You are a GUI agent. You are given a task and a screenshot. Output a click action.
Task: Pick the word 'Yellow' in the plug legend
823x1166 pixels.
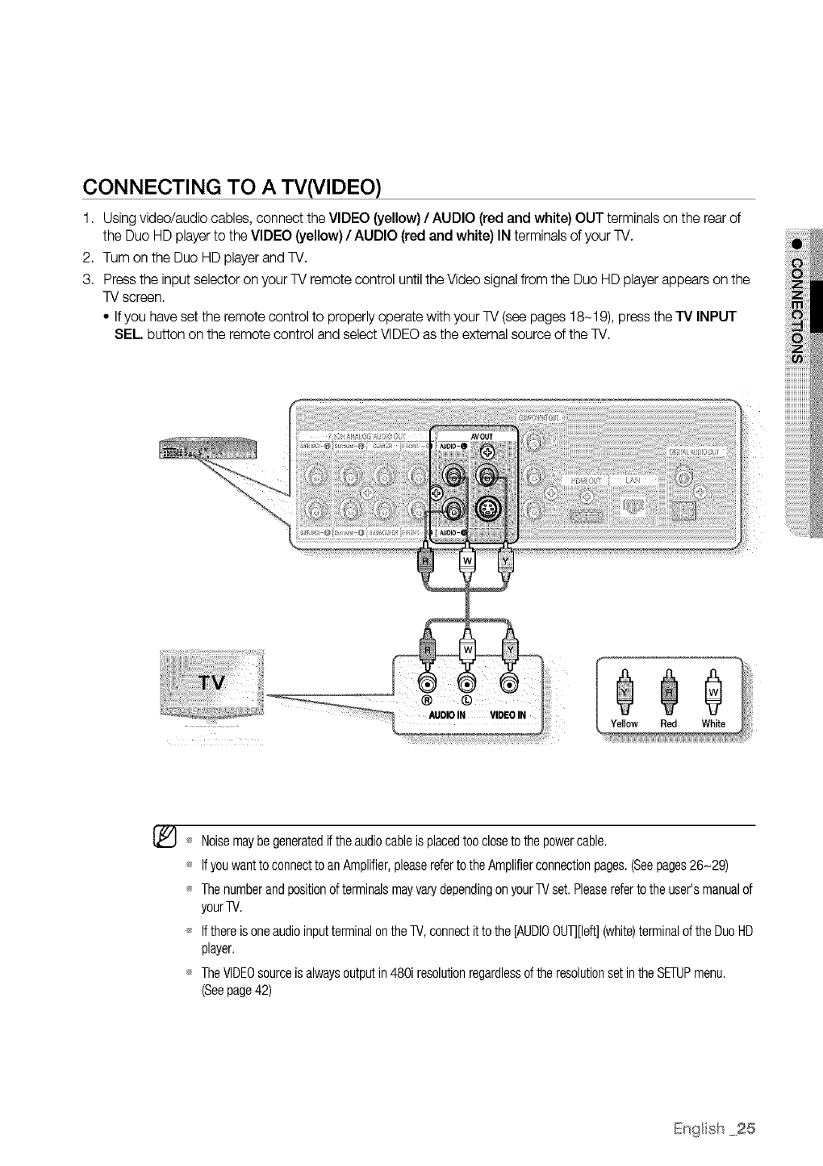tap(625, 724)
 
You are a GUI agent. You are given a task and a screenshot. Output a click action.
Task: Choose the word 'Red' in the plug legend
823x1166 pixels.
tap(668, 724)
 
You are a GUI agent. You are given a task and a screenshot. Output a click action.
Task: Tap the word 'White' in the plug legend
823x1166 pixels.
tap(714, 724)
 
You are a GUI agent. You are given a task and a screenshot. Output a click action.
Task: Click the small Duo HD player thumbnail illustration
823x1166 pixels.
tap(208, 449)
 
